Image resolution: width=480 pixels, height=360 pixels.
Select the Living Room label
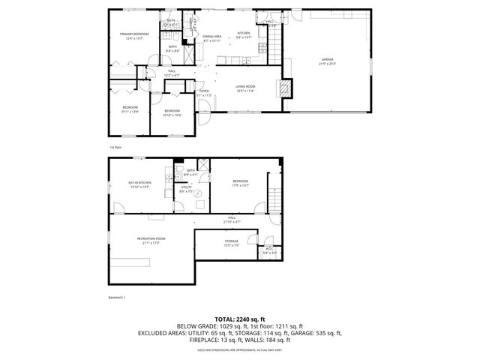pos(245,88)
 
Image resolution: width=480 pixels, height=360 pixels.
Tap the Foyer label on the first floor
pos(204,93)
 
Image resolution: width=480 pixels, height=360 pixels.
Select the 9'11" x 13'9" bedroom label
pos(130,109)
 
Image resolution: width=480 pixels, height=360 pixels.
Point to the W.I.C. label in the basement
pos(268,250)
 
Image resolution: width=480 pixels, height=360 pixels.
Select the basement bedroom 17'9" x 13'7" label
pos(240,183)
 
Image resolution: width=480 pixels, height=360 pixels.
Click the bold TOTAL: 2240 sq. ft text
pos(239,319)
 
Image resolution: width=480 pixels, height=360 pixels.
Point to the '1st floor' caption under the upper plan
pos(115,148)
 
